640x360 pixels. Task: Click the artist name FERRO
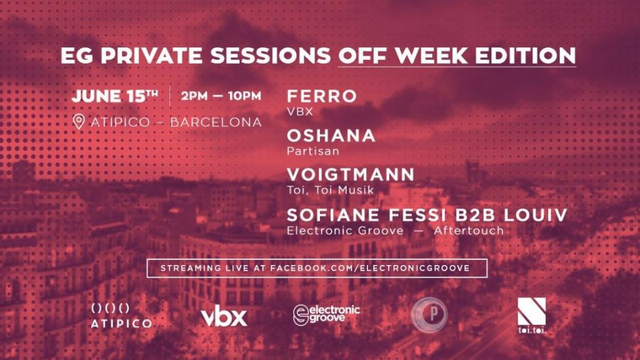click(322, 96)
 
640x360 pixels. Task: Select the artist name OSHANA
click(331, 136)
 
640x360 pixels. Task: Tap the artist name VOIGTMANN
click(351, 175)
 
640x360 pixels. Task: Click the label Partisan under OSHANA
click(313, 151)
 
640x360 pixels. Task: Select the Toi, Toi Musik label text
click(330, 190)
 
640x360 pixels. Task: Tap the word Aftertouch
click(469, 231)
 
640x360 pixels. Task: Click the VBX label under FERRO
click(300, 111)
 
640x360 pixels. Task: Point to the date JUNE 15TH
click(115, 96)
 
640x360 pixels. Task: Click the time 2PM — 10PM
click(221, 96)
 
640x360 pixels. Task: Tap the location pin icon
click(78, 122)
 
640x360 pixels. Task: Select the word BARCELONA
click(216, 122)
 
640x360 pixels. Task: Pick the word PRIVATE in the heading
click(151, 56)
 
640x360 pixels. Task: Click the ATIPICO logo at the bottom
click(121, 316)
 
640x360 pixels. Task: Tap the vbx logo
click(224, 316)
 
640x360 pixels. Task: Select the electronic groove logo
click(326, 315)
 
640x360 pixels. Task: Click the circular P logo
click(429, 315)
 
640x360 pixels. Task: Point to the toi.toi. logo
click(531, 315)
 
